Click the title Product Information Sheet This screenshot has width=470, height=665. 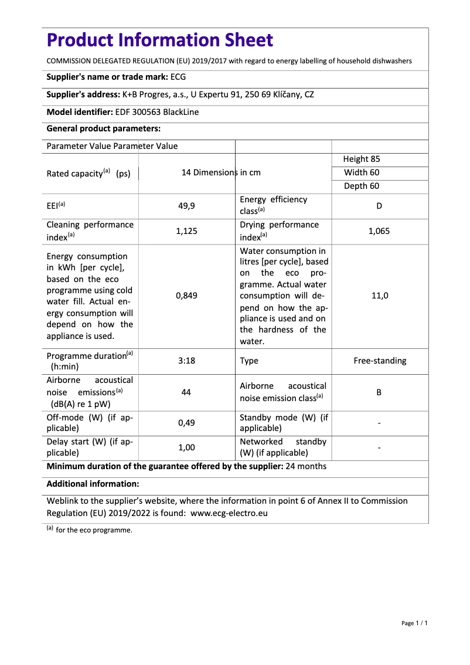(x=159, y=40)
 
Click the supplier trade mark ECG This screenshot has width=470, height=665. (x=178, y=77)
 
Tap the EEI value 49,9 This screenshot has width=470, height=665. (x=186, y=206)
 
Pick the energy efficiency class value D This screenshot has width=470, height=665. (x=379, y=206)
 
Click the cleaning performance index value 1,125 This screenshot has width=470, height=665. (x=186, y=231)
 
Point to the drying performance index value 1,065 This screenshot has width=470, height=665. (x=379, y=231)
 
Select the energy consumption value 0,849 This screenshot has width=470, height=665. (x=186, y=296)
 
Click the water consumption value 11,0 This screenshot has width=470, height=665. (x=379, y=296)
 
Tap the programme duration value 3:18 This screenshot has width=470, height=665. (x=186, y=361)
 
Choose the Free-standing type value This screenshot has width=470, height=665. (x=379, y=361)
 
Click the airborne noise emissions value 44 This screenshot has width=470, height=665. (x=186, y=392)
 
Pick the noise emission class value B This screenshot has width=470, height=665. (x=379, y=392)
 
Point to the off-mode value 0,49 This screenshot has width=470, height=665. (x=186, y=423)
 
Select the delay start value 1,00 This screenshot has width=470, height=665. (x=186, y=447)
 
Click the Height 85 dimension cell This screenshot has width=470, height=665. (x=362, y=160)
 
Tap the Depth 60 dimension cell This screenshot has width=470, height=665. (x=362, y=186)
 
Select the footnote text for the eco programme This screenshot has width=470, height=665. (x=94, y=530)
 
